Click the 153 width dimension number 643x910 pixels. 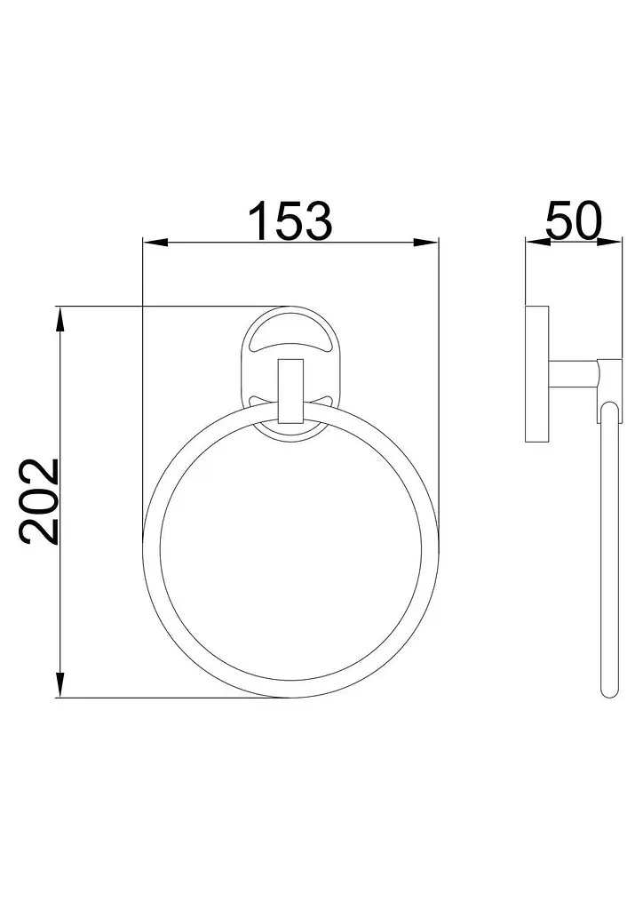pyautogui.click(x=290, y=220)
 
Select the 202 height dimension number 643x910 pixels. pyautogui.click(x=40, y=501)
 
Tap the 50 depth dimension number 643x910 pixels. pyautogui.click(x=574, y=220)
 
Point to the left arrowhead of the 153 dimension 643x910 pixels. pyautogui.click(x=155, y=243)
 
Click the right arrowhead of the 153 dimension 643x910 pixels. pyautogui.click(x=426, y=243)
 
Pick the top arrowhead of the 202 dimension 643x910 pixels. pyautogui.click(x=60, y=318)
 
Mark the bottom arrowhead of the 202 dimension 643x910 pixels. pyautogui.click(x=60, y=685)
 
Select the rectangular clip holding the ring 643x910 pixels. pyautogui.click(x=290, y=392)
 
